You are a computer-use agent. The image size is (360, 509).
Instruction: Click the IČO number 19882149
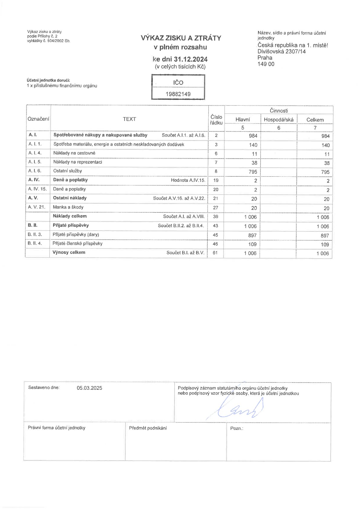tap(178, 94)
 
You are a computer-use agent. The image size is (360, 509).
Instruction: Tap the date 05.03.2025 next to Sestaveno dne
tap(89, 388)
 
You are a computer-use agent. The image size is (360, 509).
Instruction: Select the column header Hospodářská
tap(279, 120)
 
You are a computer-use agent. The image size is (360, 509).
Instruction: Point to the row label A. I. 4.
tap(35, 153)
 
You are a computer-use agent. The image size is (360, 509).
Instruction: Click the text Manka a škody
tap(68, 207)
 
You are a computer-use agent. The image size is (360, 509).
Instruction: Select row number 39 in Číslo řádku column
tap(216, 217)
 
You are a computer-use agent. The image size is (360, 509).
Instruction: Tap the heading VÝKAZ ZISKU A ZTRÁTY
tap(181, 38)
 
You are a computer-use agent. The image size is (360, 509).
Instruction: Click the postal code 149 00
tap(266, 64)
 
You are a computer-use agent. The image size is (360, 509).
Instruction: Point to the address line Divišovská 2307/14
tap(282, 51)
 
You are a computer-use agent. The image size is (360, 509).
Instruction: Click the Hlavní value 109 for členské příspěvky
tap(252, 244)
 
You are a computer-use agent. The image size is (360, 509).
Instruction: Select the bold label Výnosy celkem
tap(69, 252)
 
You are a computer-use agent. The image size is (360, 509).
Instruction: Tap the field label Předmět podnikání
tap(148, 428)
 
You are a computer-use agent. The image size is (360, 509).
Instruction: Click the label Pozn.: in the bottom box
tap(237, 428)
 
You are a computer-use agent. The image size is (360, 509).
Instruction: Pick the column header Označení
tap(38, 119)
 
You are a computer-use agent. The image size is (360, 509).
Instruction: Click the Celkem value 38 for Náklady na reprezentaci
tap(326, 163)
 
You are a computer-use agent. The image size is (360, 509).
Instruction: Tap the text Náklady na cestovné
tap(74, 153)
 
